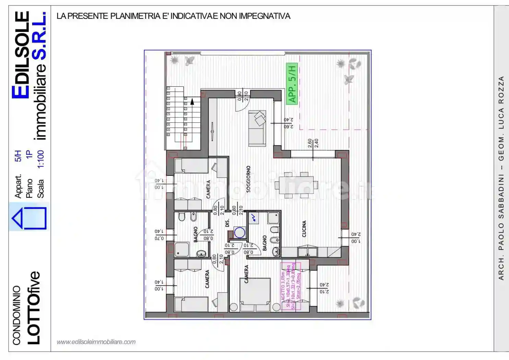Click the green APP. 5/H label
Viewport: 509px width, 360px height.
[292, 84]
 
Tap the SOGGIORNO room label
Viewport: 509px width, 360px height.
[248, 179]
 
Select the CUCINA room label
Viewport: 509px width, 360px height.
[304, 229]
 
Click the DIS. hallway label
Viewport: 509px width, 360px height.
[227, 223]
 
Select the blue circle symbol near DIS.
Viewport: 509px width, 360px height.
[239, 232]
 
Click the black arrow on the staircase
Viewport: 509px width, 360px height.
[192, 101]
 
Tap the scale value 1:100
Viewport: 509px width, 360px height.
[40, 159]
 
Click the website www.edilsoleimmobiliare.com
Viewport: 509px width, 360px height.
[96, 342]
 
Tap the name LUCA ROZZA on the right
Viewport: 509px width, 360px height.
[501, 103]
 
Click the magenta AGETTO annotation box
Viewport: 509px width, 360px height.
[291, 286]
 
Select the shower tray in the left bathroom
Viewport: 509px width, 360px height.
[182, 249]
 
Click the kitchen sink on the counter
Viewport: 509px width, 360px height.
[307, 252]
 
